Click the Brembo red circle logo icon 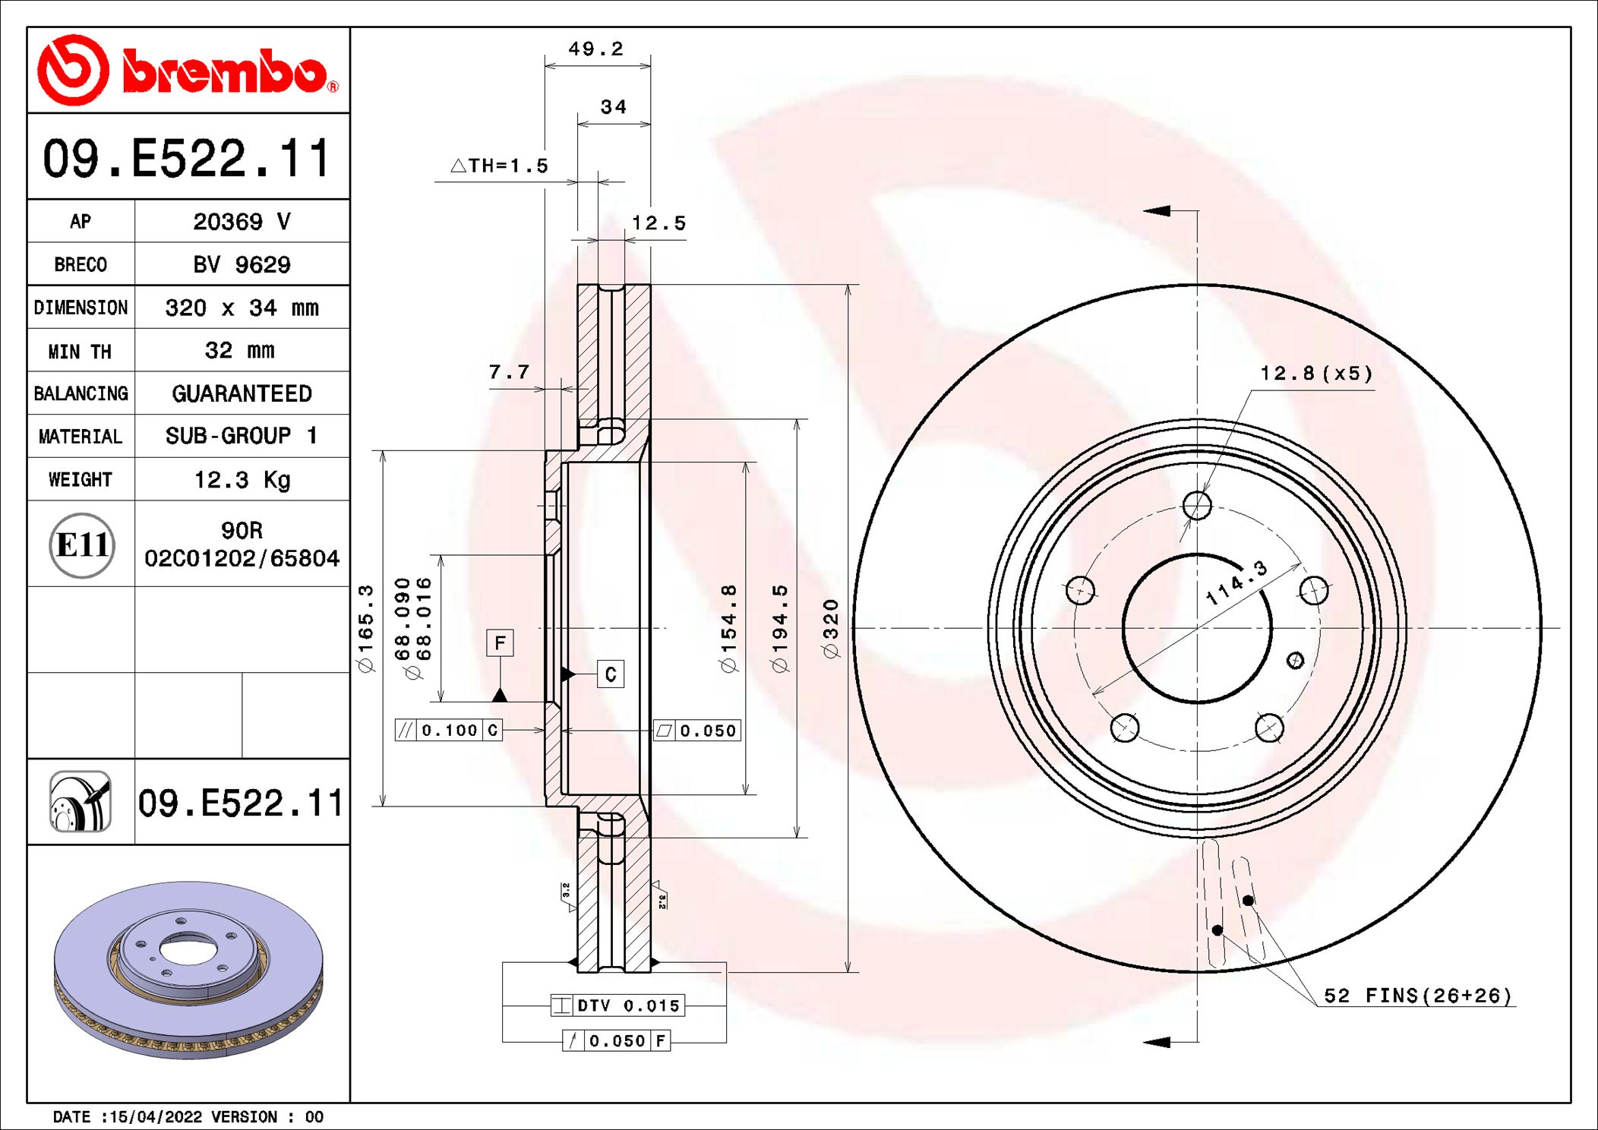pyautogui.click(x=73, y=70)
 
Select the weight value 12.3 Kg pyautogui.click(x=242, y=480)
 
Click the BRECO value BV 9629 pyautogui.click(x=242, y=265)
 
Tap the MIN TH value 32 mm pyautogui.click(x=239, y=351)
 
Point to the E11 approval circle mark pyautogui.click(x=82, y=544)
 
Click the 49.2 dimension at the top pyautogui.click(x=596, y=49)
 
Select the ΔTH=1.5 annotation pyautogui.click(x=500, y=166)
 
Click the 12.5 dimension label pyautogui.click(x=658, y=223)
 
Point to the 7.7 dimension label pyautogui.click(x=509, y=372)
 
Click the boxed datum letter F pyautogui.click(x=500, y=643)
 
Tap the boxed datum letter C pyautogui.click(x=611, y=674)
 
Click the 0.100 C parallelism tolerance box pyautogui.click(x=449, y=731)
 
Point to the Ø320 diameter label pyautogui.click(x=831, y=628)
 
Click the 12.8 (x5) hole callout pyautogui.click(x=1316, y=374)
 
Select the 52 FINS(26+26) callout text pyautogui.click(x=1417, y=996)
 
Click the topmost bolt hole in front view pyautogui.click(x=1197, y=505)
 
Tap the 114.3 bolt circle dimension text pyautogui.click(x=1236, y=583)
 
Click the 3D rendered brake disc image pyautogui.click(x=188, y=970)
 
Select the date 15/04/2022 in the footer pyautogui.click(x=156, y=1117)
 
